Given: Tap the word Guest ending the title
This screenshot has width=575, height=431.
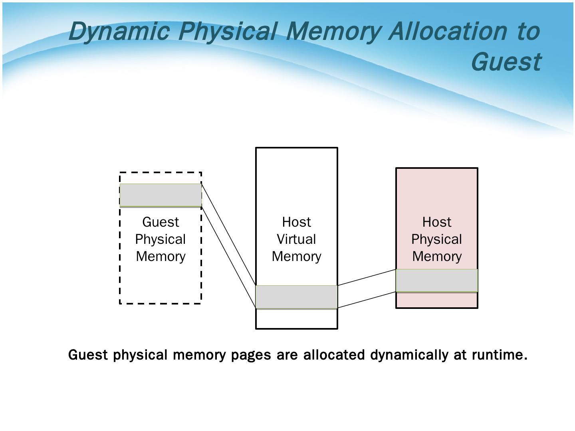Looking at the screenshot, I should pyautogui.click(x=506, y=61).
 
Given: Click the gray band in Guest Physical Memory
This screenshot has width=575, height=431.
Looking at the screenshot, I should pyautogui.click(x=161, y=195).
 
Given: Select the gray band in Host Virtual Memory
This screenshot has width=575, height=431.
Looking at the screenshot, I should pyautogui.click(x=296, y=297).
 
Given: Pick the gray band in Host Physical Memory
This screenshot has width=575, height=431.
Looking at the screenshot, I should pyautogui.click(x=436, y=280).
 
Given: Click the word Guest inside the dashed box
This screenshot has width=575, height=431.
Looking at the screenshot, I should pyautogui.click(x=161, y=222).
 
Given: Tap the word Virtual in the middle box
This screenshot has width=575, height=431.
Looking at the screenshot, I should pyautogui.click(x=296, y=239).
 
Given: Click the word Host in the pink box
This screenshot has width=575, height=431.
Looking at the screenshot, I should pyautogui.click(x=436, y=222).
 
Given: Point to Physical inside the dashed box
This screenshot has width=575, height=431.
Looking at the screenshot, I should pyautogui.click(x=161, y=239).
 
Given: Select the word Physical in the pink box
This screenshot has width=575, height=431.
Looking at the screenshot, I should pyautogui.click(x=436, y=239).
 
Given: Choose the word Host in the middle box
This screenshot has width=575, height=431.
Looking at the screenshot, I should pyautogui.click(x=296, y=222).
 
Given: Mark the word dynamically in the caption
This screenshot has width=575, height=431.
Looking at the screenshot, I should pyautogui.click(x=409, y=354).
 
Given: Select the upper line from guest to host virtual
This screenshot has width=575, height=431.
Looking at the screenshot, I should pyautogui.click(x=228, y=234).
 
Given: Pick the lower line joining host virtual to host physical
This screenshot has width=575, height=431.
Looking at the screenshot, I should pyautogui.click(x=367, y=300).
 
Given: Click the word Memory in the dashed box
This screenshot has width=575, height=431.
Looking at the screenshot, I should pyautogui.click(x=161, y=256).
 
